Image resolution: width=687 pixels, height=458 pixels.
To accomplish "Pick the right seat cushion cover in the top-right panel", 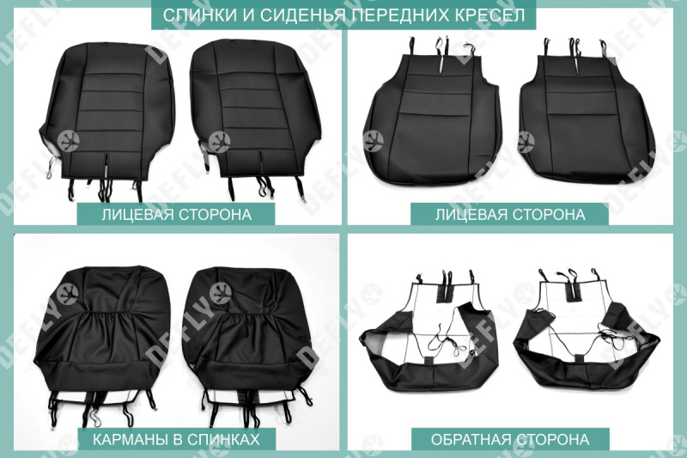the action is point(587,113).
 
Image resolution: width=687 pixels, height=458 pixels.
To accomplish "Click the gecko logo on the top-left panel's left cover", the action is point(68,141).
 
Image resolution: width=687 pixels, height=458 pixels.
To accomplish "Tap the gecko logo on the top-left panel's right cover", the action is point(219,143).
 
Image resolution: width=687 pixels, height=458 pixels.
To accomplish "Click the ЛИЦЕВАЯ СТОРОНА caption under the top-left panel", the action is point(176,214).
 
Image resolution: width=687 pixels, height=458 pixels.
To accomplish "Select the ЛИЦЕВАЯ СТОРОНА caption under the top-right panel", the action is point(510,214).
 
